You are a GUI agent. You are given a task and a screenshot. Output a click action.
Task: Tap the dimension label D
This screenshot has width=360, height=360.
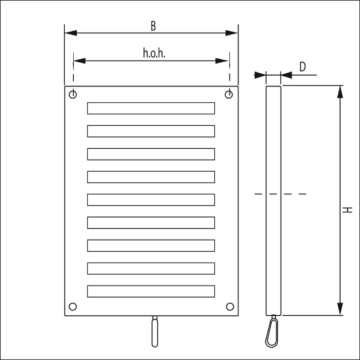302,67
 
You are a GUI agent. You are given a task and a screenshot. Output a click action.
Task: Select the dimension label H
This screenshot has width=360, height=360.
347,210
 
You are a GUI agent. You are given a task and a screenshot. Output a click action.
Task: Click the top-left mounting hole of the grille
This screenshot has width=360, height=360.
73,94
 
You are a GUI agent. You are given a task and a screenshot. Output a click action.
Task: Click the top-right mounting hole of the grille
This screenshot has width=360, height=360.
229,94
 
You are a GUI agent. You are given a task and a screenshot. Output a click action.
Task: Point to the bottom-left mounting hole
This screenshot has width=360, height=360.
73,306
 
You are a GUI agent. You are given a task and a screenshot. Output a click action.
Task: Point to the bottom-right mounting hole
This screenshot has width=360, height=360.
229,306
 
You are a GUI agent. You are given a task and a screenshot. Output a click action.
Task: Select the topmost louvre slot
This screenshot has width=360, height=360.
151,108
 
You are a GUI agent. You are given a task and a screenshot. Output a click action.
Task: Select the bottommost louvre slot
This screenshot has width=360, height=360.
151,291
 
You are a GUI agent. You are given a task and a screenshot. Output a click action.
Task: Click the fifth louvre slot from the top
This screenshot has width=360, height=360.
151,200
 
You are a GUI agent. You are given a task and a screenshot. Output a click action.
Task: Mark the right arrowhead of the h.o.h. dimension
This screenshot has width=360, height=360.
224,61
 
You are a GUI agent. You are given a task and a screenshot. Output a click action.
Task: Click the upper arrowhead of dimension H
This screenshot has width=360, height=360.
340,91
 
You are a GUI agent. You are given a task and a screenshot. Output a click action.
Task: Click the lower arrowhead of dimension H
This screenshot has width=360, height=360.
340,309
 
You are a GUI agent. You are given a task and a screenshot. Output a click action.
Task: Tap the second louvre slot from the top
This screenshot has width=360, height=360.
151,131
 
